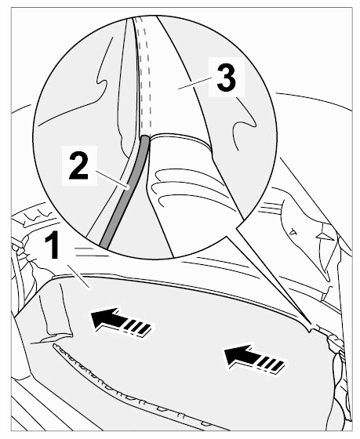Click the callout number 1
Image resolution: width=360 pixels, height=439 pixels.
[x=52, y=245]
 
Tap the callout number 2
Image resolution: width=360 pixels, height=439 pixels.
[x=78, y=165]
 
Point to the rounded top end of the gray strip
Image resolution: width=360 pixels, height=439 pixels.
[x=144, y=138]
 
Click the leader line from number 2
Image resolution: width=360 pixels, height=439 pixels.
[x=111, y=180]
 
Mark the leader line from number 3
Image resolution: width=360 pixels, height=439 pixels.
[x=195, y=83]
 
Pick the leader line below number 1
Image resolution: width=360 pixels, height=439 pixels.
[x=78, y=276]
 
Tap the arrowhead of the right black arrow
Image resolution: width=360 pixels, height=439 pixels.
[x=238, y=355]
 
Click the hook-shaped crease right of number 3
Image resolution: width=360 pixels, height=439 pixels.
[x=245, y=123]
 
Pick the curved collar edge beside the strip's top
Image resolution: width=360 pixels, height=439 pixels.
[x=180, y=138]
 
